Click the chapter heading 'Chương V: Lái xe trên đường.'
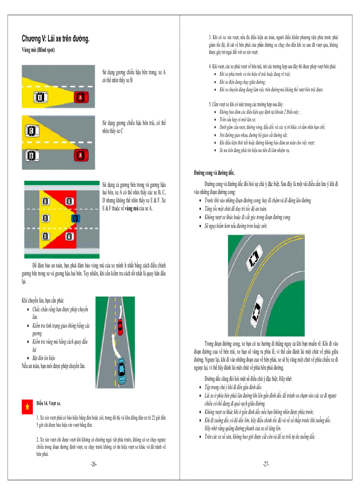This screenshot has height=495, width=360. tap(56, 39)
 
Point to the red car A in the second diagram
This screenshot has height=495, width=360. tap(80, 155)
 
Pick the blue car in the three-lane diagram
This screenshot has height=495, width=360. tap(75, 218)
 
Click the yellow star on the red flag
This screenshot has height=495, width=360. tap(27, 406)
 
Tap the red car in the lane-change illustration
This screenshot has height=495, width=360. tap(120, 327)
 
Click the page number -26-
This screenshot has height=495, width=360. tap(93, 464)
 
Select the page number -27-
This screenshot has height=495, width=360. tap(266, 464)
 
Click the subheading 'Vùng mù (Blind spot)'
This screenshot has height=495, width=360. tap(38, 50)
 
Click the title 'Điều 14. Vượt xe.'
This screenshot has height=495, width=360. tap(49, 403)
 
